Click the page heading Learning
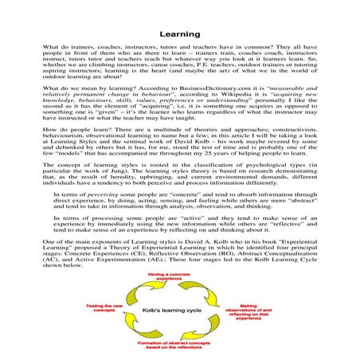(179, 35)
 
